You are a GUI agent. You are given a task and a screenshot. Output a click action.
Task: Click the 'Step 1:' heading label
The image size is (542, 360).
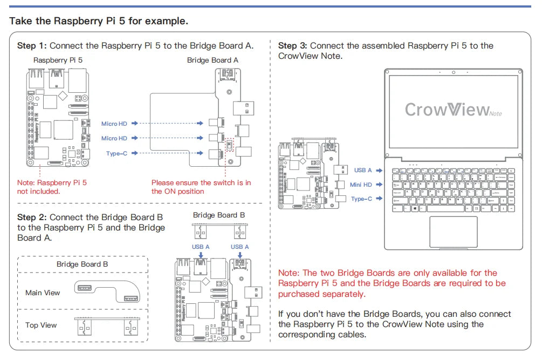32,46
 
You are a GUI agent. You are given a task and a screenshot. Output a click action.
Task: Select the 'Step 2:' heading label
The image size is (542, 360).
32,218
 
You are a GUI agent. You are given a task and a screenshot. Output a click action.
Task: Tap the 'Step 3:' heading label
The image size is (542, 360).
293,46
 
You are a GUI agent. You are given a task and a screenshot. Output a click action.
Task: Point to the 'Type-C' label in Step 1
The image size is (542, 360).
117,153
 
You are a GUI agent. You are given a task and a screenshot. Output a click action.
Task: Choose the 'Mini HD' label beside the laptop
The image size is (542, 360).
361,185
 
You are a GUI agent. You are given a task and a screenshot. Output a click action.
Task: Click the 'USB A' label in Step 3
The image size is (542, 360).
363,170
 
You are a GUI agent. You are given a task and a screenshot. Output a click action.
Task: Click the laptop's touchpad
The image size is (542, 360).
453,232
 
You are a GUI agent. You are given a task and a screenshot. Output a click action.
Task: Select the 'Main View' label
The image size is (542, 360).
43,293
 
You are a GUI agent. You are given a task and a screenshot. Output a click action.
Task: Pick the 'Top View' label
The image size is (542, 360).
41,325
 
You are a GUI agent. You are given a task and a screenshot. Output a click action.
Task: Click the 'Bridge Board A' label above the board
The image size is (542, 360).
212,60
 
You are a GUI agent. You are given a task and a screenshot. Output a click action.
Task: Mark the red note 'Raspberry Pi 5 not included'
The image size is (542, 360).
52,187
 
